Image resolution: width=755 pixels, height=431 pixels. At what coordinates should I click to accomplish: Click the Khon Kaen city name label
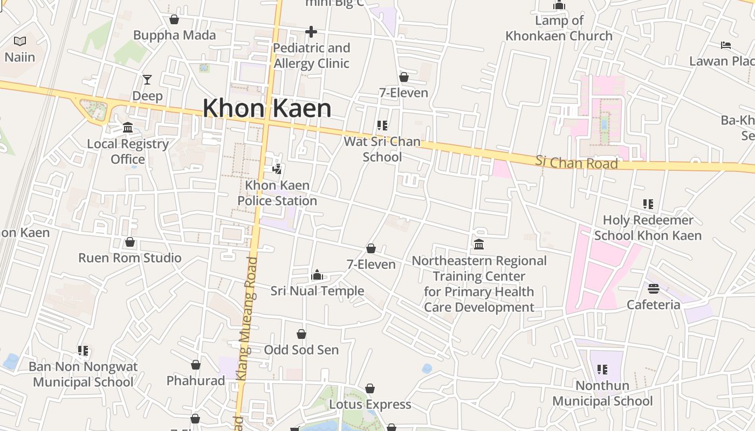point(267,108)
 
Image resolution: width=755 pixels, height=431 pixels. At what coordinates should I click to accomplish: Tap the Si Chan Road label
point(576,162)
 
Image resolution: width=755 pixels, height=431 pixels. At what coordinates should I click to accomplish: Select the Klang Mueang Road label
point(247,318)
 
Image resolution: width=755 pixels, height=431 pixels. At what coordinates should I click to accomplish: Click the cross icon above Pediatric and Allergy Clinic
point(311,32)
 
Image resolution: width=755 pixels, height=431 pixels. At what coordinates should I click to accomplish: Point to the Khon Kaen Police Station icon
point(277,169)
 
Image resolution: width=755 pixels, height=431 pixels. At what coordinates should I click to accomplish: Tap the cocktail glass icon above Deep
point(147,80)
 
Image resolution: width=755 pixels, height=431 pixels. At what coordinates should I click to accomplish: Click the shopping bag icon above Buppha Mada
point(174,20)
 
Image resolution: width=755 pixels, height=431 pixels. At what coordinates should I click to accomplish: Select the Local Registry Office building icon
point(128,128)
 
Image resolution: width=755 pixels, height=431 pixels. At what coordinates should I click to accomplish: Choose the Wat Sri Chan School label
point(382,149)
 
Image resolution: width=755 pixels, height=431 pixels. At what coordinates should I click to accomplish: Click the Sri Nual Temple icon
point(317,275)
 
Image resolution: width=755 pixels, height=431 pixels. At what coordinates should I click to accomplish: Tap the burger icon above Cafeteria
point(654,289)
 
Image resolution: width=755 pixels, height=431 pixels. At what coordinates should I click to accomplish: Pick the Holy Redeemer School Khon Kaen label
point(648,228)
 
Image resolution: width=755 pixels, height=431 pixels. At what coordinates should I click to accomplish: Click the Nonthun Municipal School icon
point(602,370)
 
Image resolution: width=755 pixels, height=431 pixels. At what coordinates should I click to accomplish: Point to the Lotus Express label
point(370,404)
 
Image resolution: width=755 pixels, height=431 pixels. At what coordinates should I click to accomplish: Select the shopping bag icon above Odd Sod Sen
point(301,334)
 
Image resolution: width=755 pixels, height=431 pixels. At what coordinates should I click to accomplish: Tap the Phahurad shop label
point(195,380)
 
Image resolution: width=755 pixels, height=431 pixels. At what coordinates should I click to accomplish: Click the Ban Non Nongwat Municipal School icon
point(83,351)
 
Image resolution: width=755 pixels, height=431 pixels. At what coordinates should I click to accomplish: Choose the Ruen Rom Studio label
point(130,258)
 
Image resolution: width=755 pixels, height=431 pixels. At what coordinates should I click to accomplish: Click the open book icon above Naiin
point(20,41)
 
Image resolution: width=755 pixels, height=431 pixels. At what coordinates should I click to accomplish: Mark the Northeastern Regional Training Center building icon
point(479,245)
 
